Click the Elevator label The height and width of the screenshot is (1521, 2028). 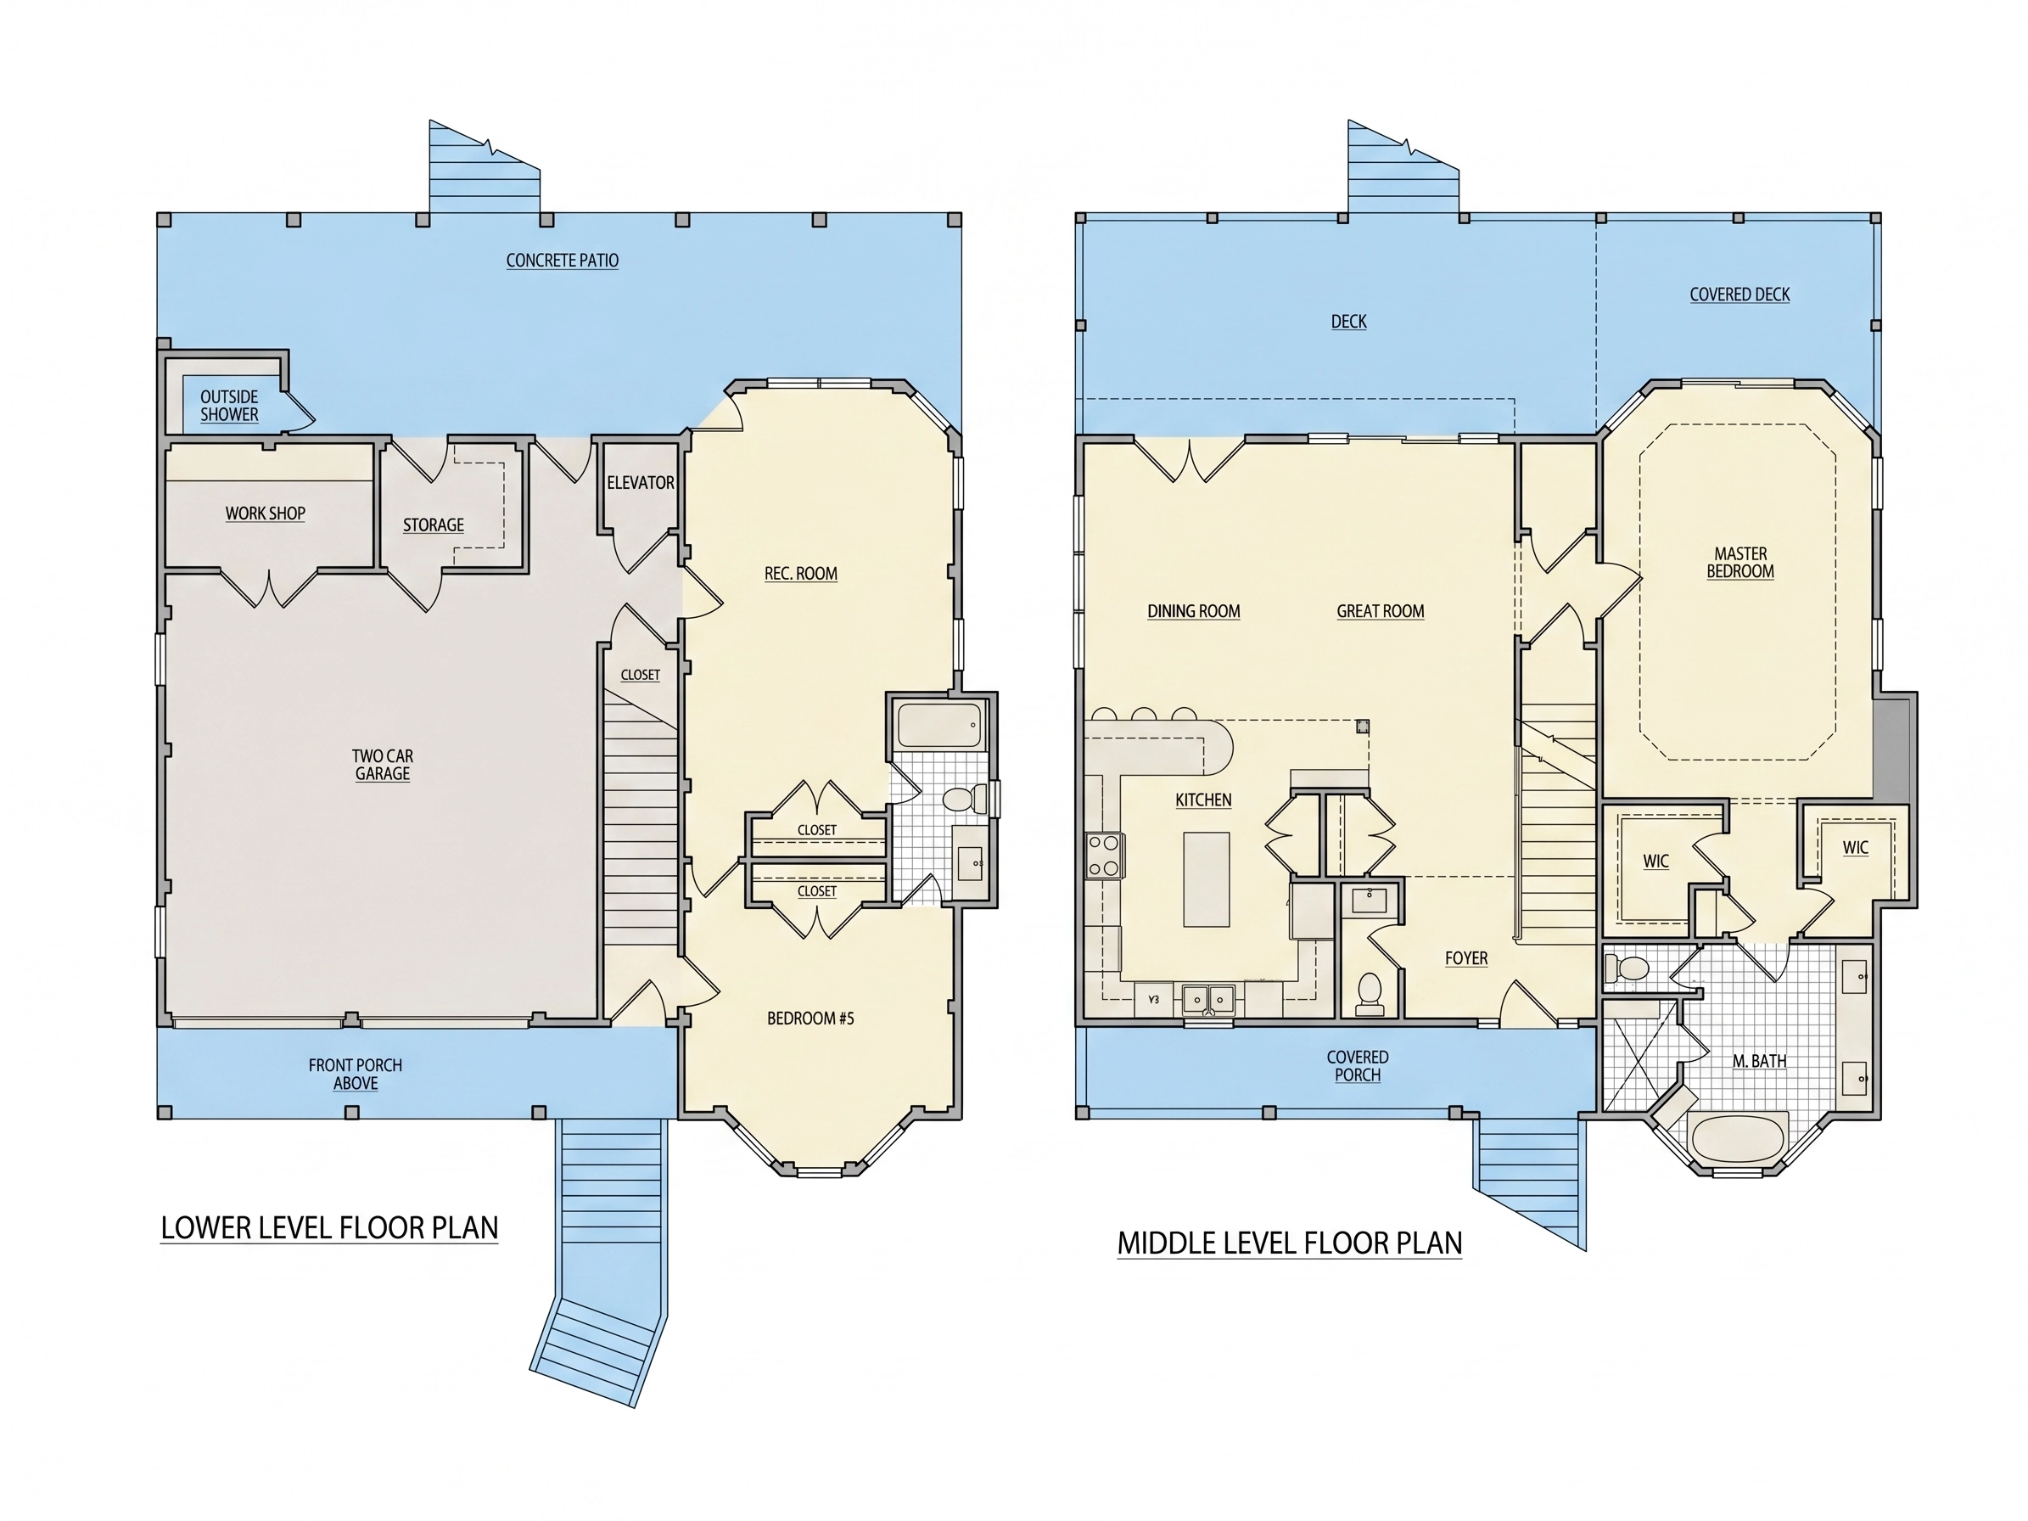(640, 482)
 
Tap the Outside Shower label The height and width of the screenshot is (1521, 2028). (229, 405)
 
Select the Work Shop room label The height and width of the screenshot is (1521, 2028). (265, 514)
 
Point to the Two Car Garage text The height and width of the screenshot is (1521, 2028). (383, 765)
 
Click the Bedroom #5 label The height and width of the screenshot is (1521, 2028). (810, 1018)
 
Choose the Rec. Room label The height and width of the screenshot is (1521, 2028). (800, 574)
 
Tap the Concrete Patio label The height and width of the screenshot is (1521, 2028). (562, 261)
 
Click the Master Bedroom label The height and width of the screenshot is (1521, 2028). (1740, 562)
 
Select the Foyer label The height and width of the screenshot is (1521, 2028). (1466, 958)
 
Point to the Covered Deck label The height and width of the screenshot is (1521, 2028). (1739, 295)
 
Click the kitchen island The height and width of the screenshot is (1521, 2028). (1207, 879)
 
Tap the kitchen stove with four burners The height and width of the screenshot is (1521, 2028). (1105, 855)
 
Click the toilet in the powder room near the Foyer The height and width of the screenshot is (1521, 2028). (1370, 993)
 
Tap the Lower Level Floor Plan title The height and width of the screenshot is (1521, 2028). (329, 1227)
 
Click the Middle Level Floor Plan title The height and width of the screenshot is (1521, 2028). (1289, 1243)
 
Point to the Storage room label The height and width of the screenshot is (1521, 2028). (433, 525)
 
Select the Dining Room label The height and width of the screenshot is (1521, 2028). (1193, 611)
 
